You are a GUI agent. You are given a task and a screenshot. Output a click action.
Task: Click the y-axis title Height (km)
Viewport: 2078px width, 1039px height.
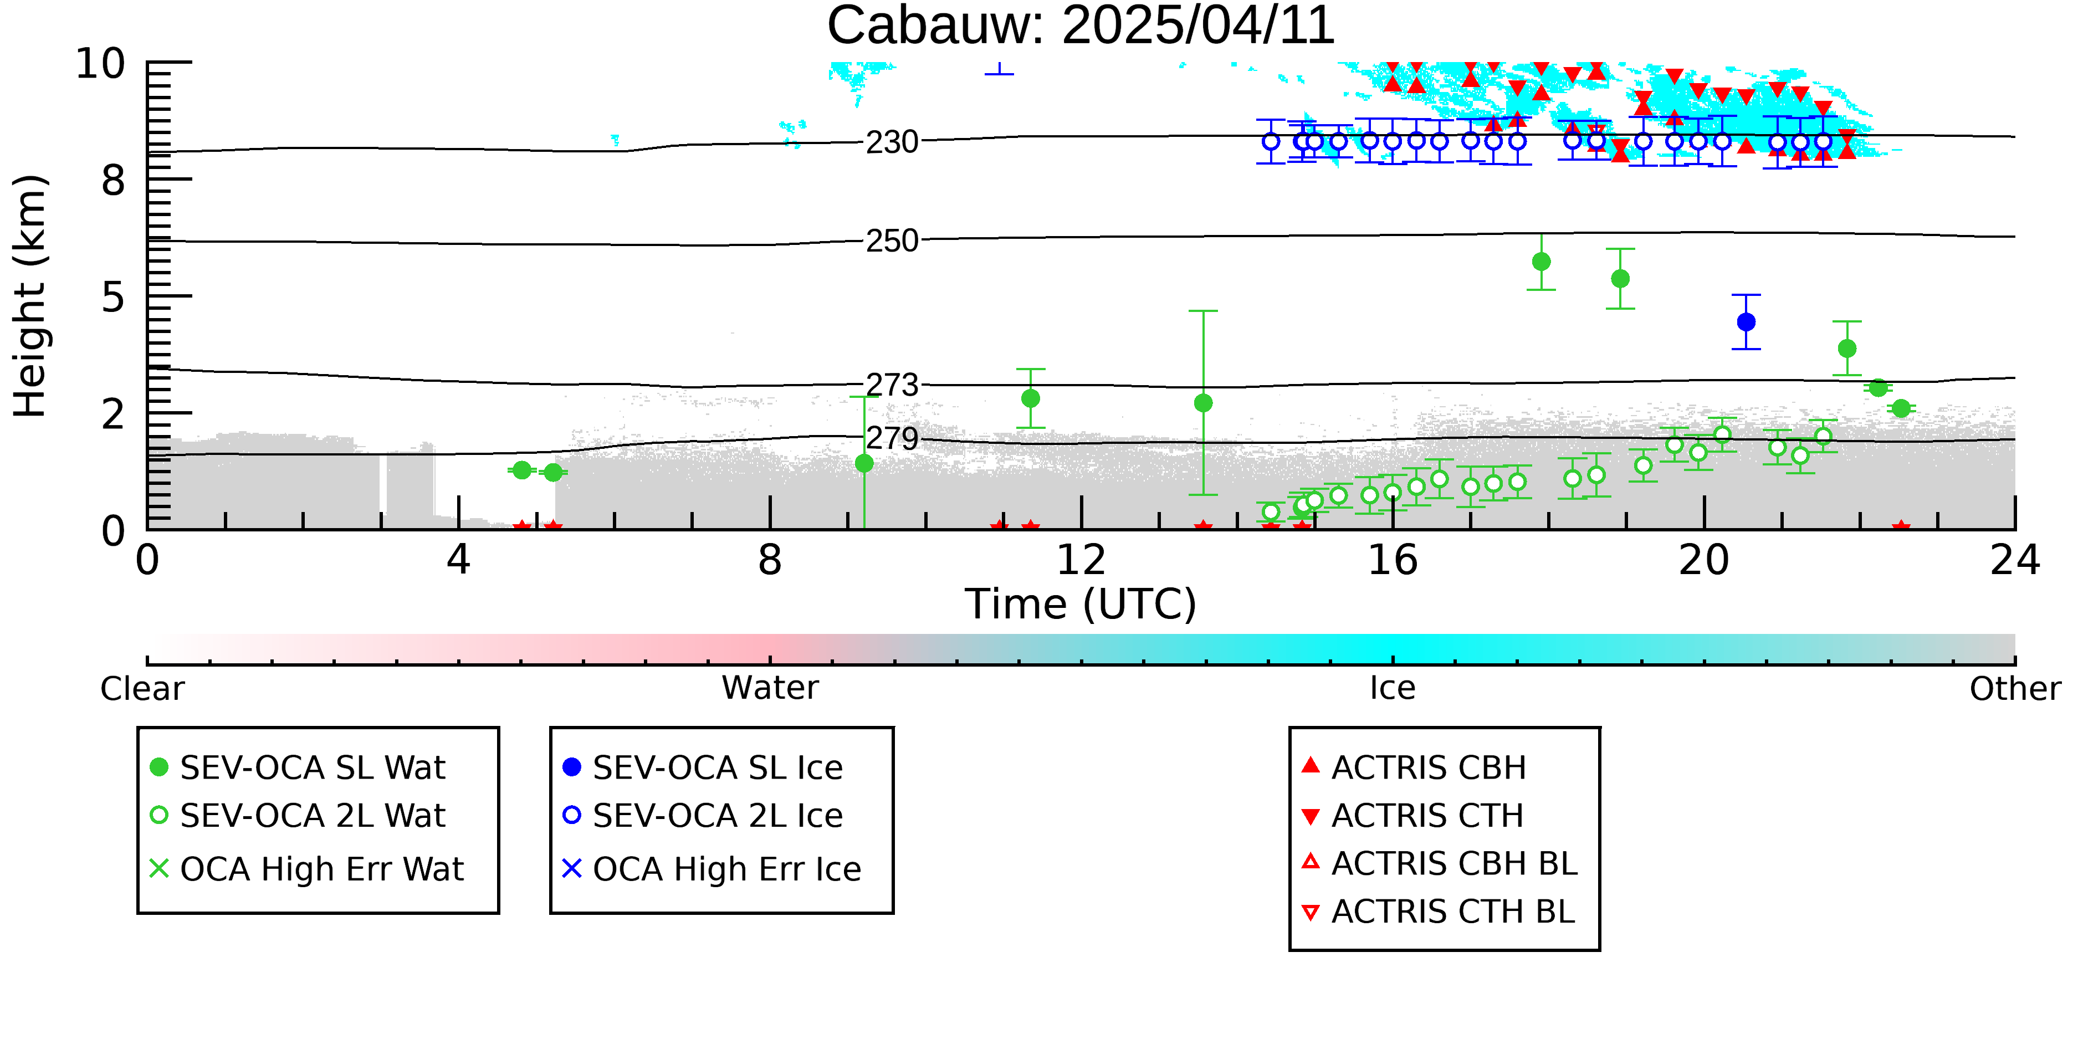(x=30, y=296)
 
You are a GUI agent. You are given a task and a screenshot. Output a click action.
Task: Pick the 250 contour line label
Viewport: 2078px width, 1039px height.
(x=892, y=240)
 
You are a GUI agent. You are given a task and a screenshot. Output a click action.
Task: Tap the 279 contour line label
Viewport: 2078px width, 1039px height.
(x=892, y=438)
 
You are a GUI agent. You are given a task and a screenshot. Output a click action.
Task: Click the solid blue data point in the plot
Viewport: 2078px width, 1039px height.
(x=1746, y=322)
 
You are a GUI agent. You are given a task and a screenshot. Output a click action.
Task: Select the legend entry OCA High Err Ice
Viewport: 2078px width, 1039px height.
(x=712, y=869)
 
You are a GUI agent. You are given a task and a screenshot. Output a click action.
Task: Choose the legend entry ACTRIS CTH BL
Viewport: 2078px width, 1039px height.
(x=1439, y=912)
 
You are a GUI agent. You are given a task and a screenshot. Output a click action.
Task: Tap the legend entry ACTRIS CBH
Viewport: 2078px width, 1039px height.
(x=1414, y=767)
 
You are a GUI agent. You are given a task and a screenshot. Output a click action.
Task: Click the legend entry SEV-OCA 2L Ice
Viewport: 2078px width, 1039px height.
(x=703, y=816)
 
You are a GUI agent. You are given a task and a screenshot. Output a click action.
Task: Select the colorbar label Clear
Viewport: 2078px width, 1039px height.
(x=142, y=688)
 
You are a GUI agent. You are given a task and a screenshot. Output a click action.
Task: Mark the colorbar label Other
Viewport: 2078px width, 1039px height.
(x=2015, y=688)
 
